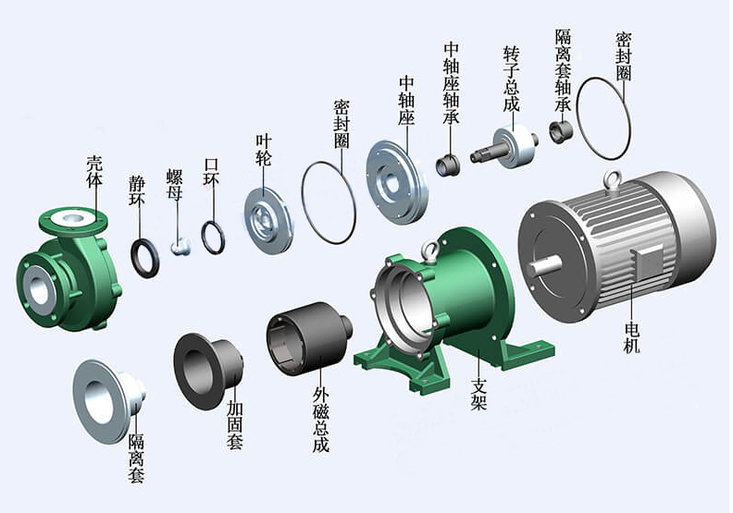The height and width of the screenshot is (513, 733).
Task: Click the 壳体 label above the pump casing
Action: click(x=94, y=171)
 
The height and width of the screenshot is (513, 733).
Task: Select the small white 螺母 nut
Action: click(x=180, y=246)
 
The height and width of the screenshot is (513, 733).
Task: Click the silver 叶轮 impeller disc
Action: click(x=268, y=222)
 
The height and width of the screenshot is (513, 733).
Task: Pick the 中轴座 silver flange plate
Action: click(x=396, y=182)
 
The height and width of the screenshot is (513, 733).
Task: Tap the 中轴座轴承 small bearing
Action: click(x=448, y=165)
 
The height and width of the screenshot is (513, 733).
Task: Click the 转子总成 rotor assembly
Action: click(x=505, y=148)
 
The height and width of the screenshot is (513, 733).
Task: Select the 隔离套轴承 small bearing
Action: click(x=561, y=132)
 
